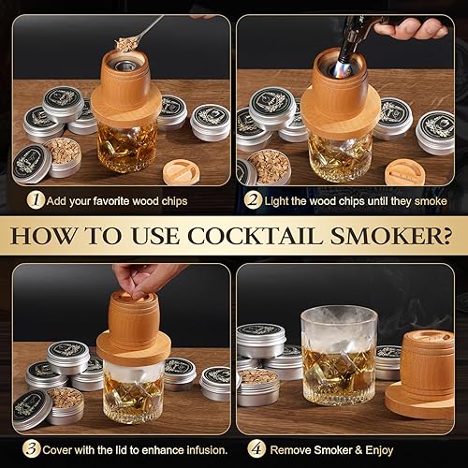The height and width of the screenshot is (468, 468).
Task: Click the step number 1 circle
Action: (36, 199)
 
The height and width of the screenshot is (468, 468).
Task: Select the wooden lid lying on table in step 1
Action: (184, 173)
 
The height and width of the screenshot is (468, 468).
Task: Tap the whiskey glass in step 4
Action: (338, 356)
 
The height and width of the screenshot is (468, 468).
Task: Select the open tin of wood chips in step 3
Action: (63, 402)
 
